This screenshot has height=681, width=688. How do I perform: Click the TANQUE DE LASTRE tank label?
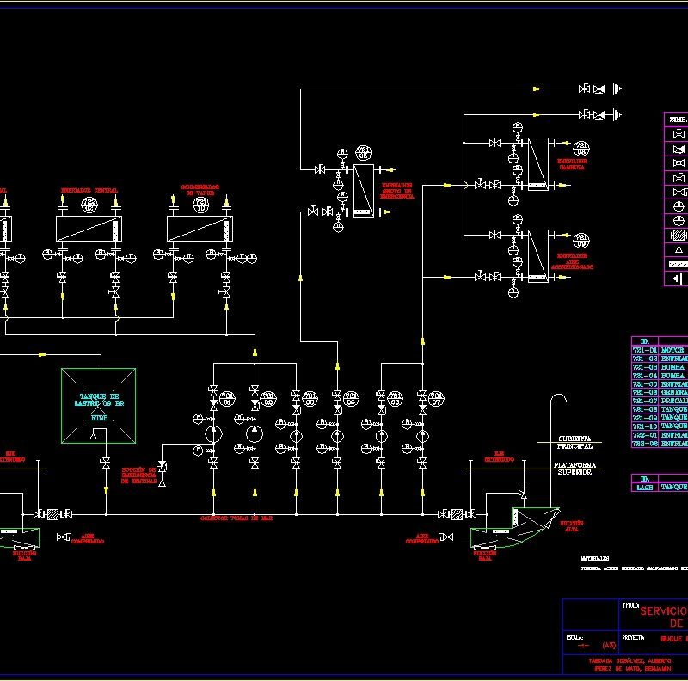97,398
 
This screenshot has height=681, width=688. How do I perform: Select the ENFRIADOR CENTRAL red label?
89,189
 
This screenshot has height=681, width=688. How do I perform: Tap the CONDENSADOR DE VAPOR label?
200,189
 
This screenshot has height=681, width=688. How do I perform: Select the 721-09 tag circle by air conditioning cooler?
581,238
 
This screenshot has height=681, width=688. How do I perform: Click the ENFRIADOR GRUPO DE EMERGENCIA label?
397,190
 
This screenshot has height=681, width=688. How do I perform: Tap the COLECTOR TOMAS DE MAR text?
236,518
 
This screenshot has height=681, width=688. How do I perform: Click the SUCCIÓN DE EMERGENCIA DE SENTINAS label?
138,475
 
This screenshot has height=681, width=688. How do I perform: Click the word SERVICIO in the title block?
662,610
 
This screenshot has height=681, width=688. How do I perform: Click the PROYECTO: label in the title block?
632,638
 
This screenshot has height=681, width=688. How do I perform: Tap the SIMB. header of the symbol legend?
678,120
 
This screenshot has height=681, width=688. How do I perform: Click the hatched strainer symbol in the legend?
679,235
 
